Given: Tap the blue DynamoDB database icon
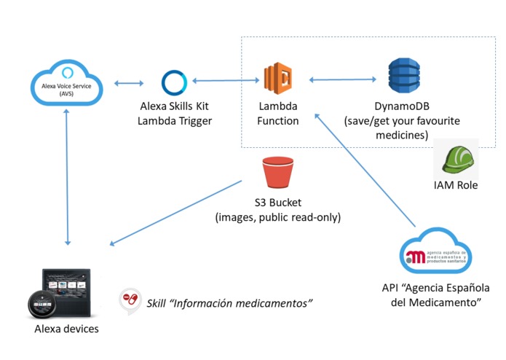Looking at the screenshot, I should click(404, 77).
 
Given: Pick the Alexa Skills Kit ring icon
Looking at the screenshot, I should click(175, 83).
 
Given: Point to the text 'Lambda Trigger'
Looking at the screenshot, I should click(175, 121).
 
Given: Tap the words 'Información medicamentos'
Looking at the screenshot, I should click(246, 301).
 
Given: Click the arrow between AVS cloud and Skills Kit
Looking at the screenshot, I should click(128, 83).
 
